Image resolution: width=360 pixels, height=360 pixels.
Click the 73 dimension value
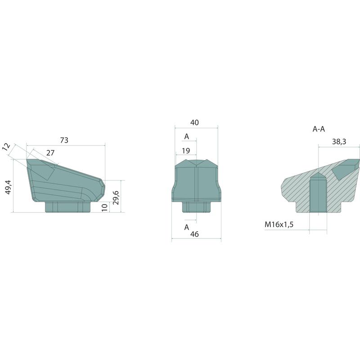point(64,140)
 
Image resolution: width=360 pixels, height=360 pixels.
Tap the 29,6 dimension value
point(116,198)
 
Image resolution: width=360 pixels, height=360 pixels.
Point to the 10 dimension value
point(104,207)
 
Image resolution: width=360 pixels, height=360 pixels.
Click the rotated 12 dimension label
point(6,147)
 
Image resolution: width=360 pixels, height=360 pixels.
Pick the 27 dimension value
point(50,153)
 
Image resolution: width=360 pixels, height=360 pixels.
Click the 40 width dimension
point(194,122)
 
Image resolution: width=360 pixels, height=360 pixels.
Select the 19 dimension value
point(186,151)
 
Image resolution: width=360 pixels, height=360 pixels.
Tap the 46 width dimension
point(194,234)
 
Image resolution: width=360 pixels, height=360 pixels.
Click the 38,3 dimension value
point(339,142)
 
